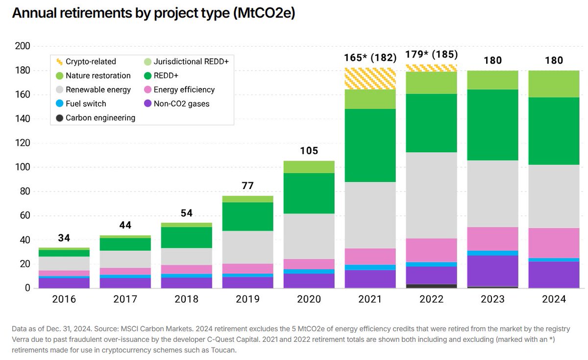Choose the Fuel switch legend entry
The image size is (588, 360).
pos(86,104)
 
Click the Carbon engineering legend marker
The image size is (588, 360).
pos(59,118)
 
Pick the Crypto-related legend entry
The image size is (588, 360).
pos(91,62)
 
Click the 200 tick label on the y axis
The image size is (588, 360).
pos(23,47)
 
